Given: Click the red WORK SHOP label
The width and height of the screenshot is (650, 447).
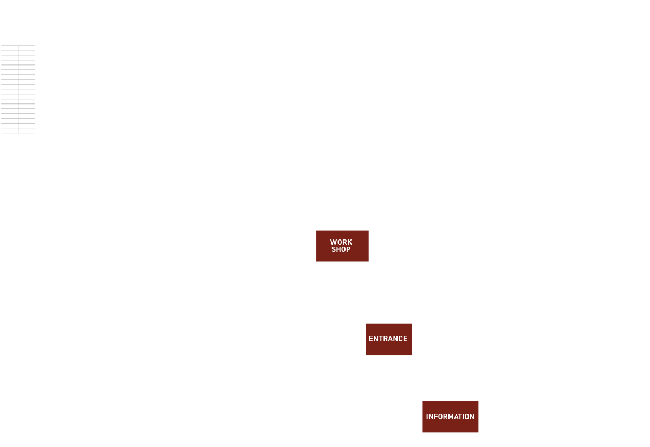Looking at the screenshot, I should tap(342, 246).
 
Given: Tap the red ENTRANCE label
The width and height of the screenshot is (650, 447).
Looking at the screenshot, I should tap(388, 339).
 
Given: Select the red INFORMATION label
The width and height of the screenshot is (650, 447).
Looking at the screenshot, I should tap(450, 417).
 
